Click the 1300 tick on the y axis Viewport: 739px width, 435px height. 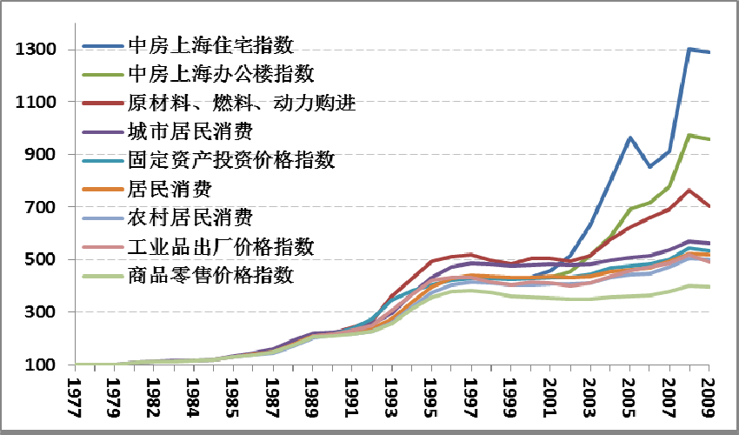point(36,50)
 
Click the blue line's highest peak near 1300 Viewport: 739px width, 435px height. point(689,49)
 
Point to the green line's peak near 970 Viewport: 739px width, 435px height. point(689,136)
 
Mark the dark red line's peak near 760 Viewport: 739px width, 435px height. point(689,190)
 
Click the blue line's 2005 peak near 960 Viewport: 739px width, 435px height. point(630,138)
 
